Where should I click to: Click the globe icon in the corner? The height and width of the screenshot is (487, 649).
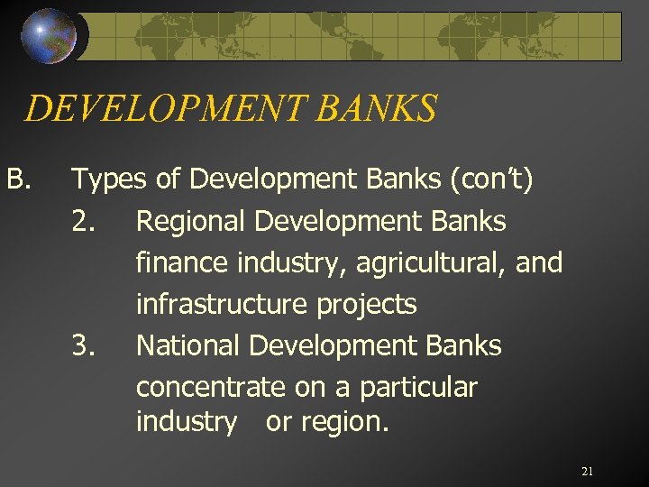[x=50, y=35]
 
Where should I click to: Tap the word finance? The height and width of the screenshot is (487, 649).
[x=182, y=263]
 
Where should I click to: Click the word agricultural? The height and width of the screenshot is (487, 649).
[x=434, y=263]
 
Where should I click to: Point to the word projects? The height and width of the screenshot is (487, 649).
[x=366, y=305]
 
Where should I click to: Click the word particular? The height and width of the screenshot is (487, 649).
[x=418, y=388]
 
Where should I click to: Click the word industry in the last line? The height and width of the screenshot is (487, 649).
[x=186, y=422]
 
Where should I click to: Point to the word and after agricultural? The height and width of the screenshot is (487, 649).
[x=541, y=263]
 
